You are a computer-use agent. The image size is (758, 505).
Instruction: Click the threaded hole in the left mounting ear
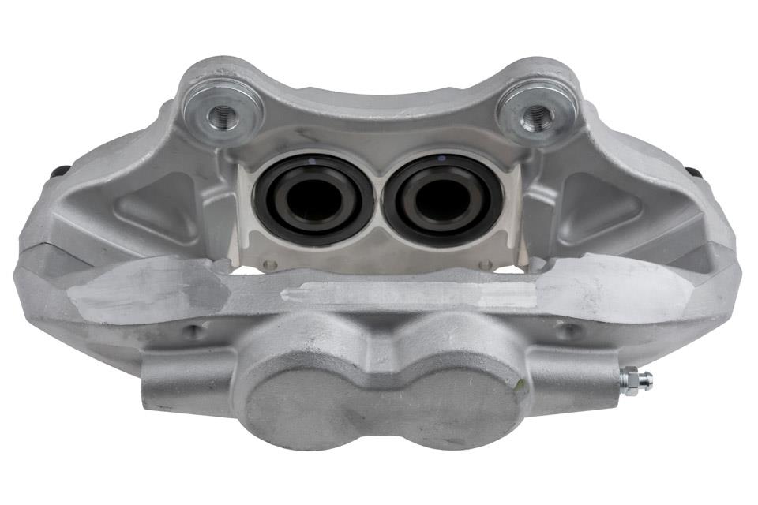pyautogui.click(x=223, y=114)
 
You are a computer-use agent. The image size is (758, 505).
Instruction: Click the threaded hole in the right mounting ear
pyautogui.click(x=537, y=115)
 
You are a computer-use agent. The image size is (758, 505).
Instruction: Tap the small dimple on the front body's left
pyautogui.click(x=192, y=331)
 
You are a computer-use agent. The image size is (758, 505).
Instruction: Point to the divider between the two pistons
pyautogui.click(x=378, y=201)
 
